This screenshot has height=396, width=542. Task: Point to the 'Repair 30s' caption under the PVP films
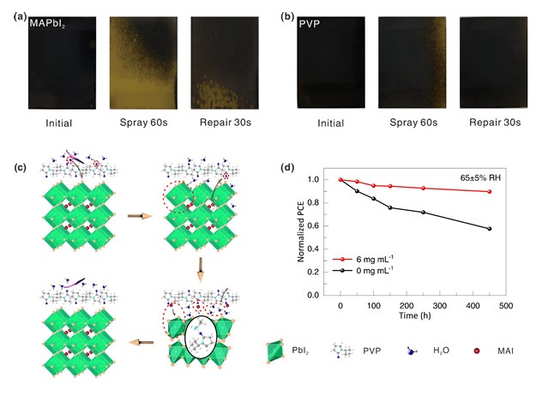pos(496,123)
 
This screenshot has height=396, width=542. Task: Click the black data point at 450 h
pos(489,229)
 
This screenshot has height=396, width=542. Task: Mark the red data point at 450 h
pos(489,192)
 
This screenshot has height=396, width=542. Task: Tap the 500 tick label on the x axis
pos(505,305)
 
